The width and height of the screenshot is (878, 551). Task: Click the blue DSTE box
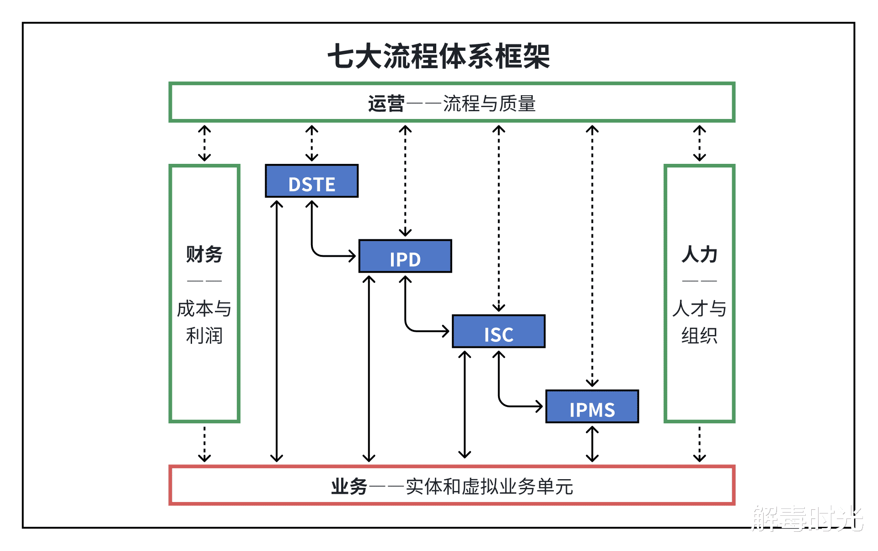[x=311, y=181]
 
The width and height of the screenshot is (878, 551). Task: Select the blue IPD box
[x=405, y=256]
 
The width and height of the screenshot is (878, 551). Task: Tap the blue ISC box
[x=498, y=331]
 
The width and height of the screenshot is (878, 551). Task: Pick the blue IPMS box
[x=592, y=406]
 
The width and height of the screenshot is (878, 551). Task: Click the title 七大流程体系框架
[x=439, y=57]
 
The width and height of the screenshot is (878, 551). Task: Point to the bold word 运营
[x=386, y=103]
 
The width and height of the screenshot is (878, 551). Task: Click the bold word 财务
[x=204, y=254]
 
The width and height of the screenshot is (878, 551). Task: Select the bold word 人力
[x=699, y=254]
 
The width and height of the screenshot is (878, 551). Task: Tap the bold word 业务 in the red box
[x=349, y=486]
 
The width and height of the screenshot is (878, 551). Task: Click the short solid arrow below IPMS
[x=592, y=444]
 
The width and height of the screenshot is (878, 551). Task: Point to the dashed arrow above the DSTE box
[x=312, y=143]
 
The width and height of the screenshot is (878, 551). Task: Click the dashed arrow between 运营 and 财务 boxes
[x=204, y=143]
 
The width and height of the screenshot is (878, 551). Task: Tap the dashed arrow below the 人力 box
[x=699, y=444]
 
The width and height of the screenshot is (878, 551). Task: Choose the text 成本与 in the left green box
[x=204, y=308]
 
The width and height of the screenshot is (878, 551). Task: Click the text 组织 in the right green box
[x=699, y=335]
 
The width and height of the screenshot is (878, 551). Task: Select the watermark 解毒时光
[x=807, y=519]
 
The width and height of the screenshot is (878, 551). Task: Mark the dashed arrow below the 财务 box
[x=204, y=444]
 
